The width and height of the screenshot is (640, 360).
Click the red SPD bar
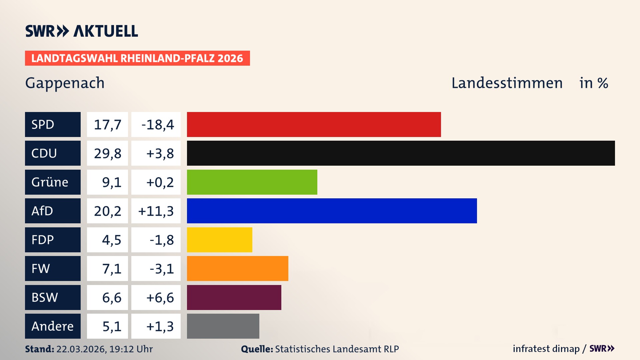coord(314,124)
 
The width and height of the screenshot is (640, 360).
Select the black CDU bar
coord(401,153)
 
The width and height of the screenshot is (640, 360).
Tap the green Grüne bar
coord(252,182)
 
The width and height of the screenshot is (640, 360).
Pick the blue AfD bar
coord(332,211)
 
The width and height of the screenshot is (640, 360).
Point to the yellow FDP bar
coord(219,240)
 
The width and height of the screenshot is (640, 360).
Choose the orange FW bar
coord(237,268)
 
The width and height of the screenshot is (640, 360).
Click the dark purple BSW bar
coord(234,297)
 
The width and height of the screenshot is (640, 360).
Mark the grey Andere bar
coord(223,326)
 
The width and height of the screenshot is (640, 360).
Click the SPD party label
coord(53,124)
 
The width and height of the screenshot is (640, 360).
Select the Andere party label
coord(53,326)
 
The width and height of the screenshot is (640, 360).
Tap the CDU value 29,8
coord(107,153)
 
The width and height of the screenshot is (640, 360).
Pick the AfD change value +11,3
coord(156,211)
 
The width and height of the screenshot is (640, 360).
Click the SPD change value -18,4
coord(156,125)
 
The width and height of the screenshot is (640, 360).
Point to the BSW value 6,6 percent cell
coord(107,297)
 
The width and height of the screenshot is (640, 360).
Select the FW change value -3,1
coord(156,269)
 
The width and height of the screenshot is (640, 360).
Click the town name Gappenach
coord(65,83)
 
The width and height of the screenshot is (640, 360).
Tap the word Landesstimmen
coord(507,83)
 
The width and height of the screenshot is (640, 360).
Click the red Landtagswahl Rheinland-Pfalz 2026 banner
coord(137,58)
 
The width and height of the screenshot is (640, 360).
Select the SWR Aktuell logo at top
coord(82,31)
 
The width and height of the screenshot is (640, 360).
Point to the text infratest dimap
coord(546,349)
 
